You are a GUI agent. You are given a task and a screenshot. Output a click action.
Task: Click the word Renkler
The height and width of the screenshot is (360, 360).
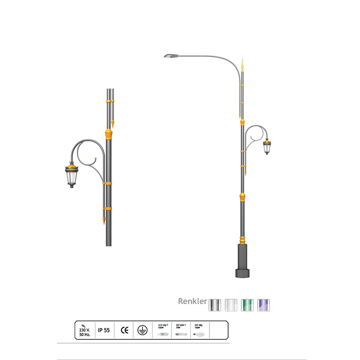point(192,301)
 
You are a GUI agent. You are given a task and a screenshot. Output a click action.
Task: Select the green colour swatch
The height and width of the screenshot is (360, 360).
point(248,304)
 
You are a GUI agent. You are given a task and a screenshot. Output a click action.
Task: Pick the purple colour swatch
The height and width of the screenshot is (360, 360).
point(264,304)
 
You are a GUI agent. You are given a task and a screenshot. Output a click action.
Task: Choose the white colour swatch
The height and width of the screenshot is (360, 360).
point(231,304)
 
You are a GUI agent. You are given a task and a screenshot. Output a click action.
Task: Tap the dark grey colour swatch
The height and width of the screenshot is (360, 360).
point(215,304)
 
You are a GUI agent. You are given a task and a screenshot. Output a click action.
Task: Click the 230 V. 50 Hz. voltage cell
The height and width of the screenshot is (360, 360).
point(85,329)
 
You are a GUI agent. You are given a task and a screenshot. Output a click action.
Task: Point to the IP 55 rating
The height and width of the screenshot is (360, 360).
point(104,330)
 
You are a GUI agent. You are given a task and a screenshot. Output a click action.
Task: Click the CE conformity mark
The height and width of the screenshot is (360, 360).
point(125,330)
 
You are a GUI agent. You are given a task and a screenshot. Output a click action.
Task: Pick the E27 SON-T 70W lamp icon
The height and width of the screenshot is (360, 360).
point(181,330)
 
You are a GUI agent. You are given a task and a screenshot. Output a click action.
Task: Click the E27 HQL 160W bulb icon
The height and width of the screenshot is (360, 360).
point(201,330)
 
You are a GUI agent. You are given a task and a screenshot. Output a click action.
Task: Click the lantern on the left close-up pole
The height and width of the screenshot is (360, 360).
point(72,175)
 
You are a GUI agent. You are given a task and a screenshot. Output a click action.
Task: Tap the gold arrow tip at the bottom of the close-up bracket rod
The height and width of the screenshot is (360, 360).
point(104,221)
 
